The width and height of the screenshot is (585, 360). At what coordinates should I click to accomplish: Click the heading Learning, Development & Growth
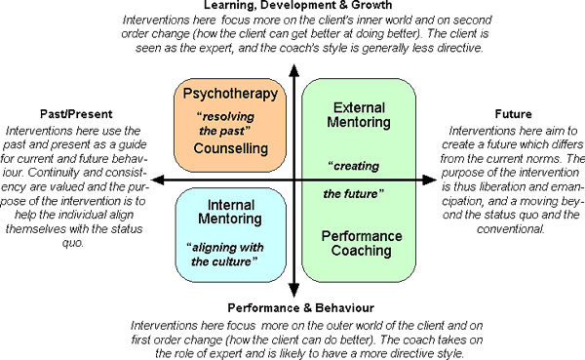pyautogui.click(x=292, y=6)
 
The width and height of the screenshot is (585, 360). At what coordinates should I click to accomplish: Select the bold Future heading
pyautogui.click(x=516, y=113)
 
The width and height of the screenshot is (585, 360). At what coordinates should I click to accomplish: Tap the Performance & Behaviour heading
pyautogui.click(x=292, y=308)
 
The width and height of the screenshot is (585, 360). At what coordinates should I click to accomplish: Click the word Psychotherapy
pyautogui.click(x=231, y=95)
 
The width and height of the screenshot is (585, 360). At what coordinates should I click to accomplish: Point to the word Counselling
pyautogui.click(x=231, y=149)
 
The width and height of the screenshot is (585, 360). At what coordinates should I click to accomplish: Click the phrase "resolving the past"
pyautogui.click(x=231, y=122)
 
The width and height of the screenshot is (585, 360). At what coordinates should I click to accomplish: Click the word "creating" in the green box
pyautogui.click(x=353, y=165)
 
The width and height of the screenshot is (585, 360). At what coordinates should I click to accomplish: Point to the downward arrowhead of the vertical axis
pyautogui.click(x=292, y=290)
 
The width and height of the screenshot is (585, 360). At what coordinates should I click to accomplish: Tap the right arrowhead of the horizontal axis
pyautogui.click(x=430, y=181)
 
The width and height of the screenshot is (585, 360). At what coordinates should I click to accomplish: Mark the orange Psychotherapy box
pyautogui.click(x=231, y=123)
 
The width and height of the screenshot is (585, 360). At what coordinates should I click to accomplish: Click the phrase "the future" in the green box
pyautogui.click(x=352, y=193)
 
